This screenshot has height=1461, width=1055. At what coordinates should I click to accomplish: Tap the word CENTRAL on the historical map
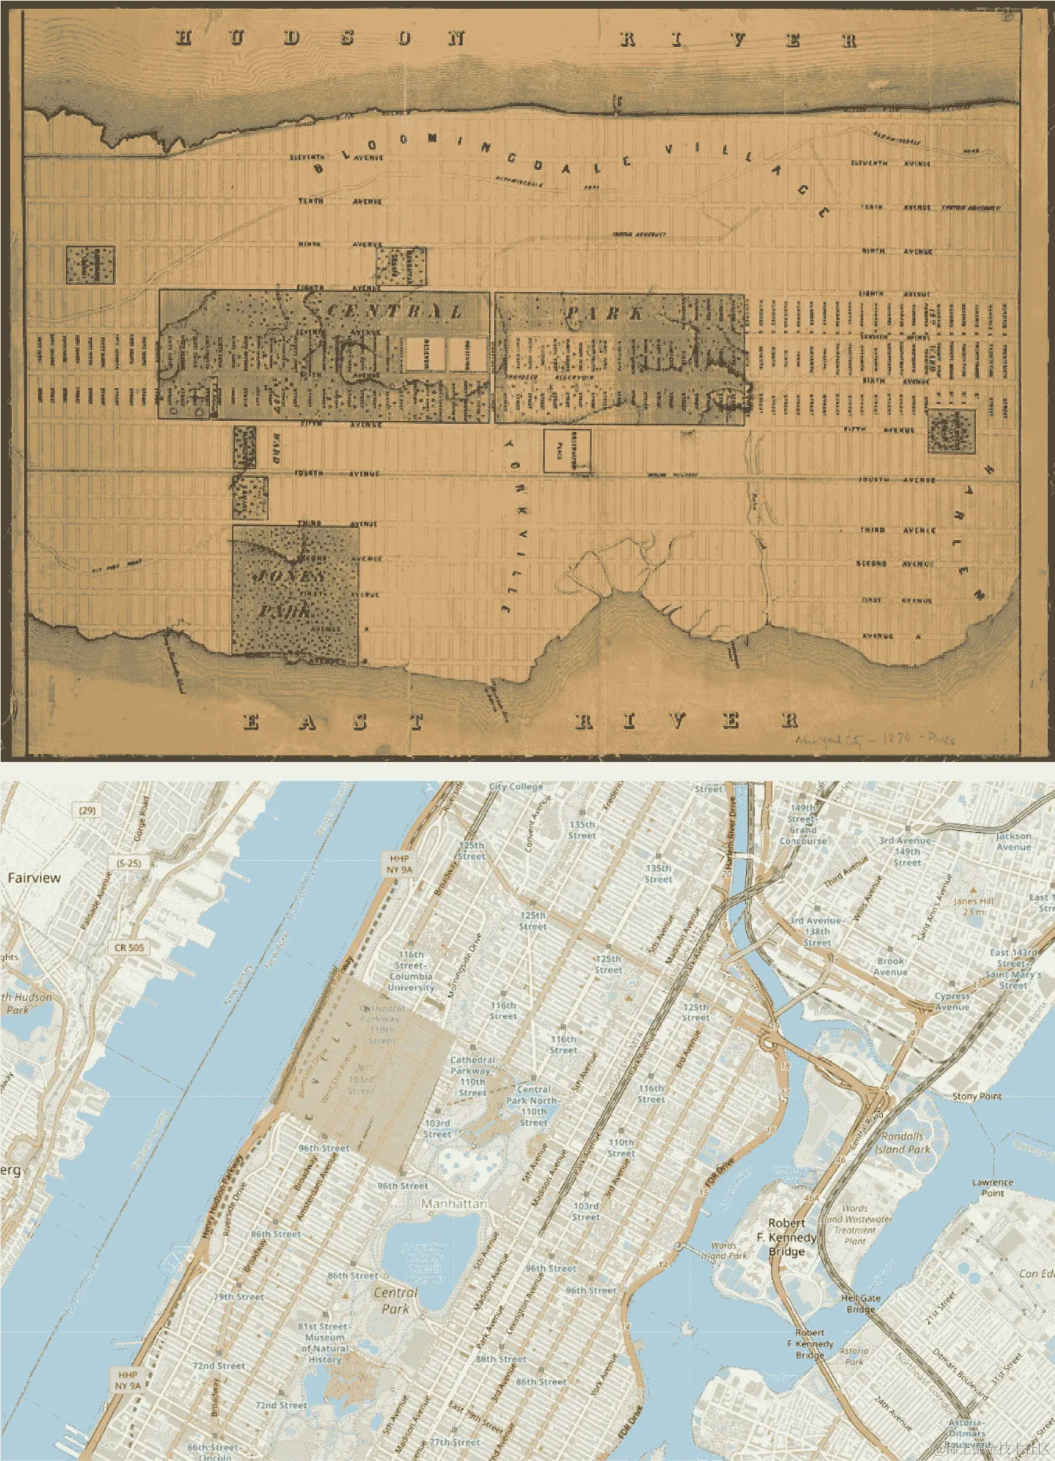(x=394, y=311)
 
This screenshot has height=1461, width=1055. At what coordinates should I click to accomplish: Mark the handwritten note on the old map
(x=874, y=739)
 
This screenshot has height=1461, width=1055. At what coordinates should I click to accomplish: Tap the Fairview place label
(x=34, y=878)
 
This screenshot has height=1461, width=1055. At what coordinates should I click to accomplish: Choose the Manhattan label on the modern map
(x=454, y=1203)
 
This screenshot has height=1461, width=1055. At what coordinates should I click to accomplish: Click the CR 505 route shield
(x=129, y=947)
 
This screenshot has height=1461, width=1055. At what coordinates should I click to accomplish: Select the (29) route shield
(x=87, y=810)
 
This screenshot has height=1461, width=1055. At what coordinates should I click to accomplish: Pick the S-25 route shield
(x=128, y=863)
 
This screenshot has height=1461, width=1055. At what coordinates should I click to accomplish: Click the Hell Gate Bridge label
(x=860, y=1304)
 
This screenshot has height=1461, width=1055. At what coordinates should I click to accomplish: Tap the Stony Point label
(x=977, y=1096)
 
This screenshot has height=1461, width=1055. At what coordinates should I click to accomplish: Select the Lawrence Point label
(x=992, y=1187)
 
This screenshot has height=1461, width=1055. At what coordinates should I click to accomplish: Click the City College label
(x=515, y=787)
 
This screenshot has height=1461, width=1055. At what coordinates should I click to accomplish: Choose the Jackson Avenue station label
(x=1013, y=841)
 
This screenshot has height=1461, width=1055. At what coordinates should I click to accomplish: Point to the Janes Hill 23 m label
(x=973, y=906)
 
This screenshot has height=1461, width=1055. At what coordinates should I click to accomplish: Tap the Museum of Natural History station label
(x=324, y=1342)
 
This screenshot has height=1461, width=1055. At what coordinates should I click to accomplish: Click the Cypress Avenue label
(x=952, y=1001)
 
